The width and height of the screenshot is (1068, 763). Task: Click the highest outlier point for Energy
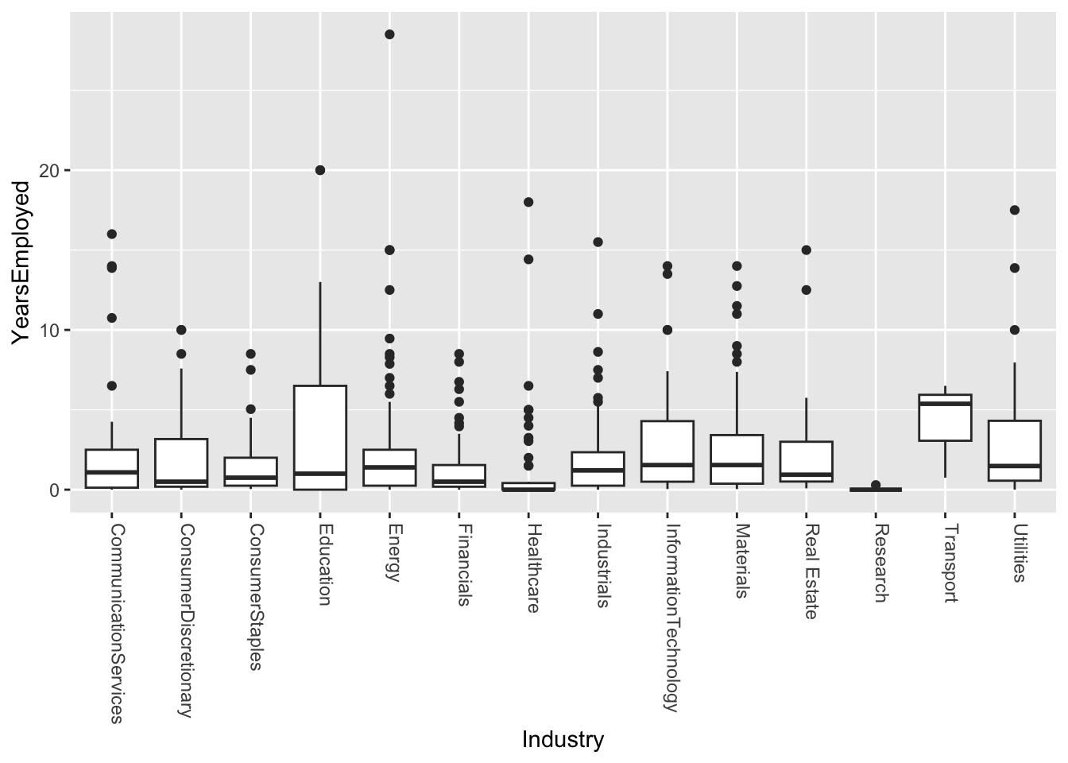(389, 34)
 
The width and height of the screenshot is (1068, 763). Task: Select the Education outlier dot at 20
(320, 170)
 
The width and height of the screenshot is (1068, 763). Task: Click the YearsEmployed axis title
(21, 262)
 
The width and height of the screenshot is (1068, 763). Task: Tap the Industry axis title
(563, 740)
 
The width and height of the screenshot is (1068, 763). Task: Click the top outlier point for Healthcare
(528, 202)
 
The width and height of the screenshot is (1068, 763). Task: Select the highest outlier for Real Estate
(807, 250)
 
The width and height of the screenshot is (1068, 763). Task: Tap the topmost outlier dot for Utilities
(1015, 210)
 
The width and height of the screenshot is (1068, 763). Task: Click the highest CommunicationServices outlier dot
(112, 234)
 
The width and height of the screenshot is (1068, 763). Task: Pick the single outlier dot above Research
(876, 485)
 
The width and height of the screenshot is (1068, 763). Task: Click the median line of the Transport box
(945, 404)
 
